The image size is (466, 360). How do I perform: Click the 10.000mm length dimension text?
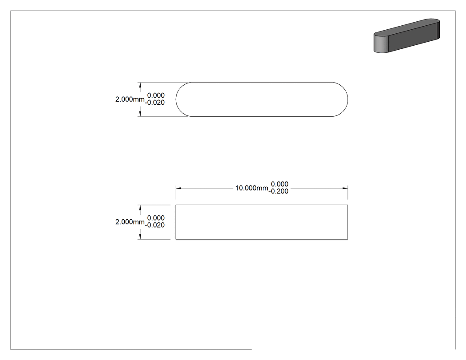click(252, 188)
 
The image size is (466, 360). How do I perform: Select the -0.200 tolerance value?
click(278, 191)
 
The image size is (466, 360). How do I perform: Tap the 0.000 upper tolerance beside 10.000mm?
click(280, 184)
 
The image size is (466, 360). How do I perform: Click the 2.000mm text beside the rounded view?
click(130, 99)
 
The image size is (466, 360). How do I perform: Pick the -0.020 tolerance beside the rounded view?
click(155, 103)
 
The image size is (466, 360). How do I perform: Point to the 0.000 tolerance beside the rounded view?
click(156, 95)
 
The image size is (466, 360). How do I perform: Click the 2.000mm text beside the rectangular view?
click(130, 222)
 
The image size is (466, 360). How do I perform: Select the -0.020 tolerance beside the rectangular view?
click(155, 225)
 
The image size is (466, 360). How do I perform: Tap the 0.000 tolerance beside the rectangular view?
click(156, 218)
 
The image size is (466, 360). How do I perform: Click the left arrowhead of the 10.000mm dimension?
click(178, 188)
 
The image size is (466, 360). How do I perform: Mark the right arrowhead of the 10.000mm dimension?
click(345, 188)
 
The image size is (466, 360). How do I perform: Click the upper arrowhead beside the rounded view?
click(140, 85)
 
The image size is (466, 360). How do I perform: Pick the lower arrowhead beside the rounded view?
click(140, 114)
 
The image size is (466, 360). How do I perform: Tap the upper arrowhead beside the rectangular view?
click(140, 207)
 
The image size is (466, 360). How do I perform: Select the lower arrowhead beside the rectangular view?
click(140, 236)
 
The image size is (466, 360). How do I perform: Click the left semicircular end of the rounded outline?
click(176, 99)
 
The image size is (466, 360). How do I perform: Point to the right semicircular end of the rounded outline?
click(348, 99)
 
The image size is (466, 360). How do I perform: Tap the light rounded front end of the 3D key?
click(381, 44)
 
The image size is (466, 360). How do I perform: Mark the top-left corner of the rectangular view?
click(176, 205)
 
